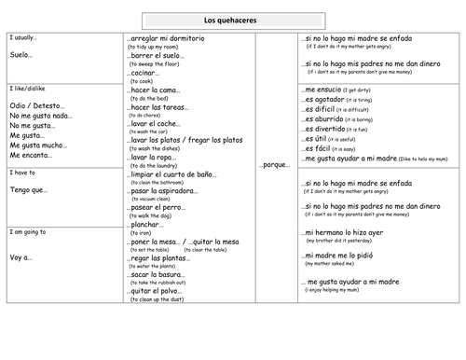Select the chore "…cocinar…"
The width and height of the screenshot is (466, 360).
[x=144, y=72]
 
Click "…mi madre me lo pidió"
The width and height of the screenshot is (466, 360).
[x=341, y=254]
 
